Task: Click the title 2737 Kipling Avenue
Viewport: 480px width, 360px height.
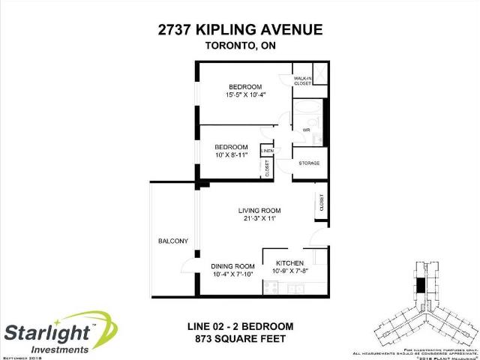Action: click(x=240, y=30)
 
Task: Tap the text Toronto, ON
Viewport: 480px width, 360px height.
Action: click(x=240, y=46)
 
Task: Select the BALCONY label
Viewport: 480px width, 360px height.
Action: click(x=172, y=241)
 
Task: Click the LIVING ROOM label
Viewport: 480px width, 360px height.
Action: click(x=259, y=210)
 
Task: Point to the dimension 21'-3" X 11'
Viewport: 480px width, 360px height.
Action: click(x=259, y=220)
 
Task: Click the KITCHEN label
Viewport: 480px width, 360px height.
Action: click(x=289, y=262)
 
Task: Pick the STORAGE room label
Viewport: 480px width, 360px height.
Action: click(x=310, y=162)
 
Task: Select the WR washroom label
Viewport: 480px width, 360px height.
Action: click(x=306, y=130)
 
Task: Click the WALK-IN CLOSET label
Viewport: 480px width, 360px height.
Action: click(x=303, y=81)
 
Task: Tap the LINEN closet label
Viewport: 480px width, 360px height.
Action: click(x=266, y=151)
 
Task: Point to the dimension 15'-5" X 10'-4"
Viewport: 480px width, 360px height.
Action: click(x=245, y=94)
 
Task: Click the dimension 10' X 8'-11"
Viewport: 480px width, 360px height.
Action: click(x=231, y=155)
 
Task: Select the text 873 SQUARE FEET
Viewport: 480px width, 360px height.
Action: click(x=240, y=340)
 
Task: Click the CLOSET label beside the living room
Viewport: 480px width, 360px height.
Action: click(x=321, y=203)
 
